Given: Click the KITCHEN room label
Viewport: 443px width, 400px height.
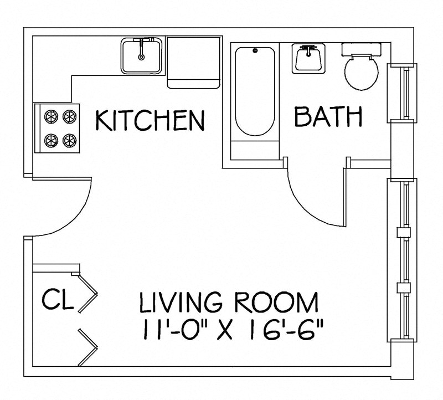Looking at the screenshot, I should point(150,120).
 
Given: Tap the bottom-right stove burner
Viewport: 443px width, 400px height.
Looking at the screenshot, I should point(68,139).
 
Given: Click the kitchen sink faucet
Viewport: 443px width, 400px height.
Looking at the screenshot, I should point(142,44).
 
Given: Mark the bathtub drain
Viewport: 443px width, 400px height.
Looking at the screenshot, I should point(255,52).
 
